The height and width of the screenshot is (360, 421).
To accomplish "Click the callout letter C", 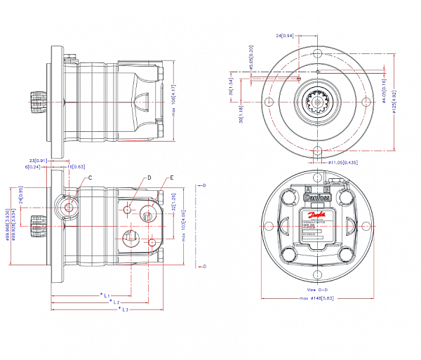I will click(91, 178).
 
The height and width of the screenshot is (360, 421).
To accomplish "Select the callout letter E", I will click(171, 178).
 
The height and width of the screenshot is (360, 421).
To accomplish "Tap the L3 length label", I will click(123, 309).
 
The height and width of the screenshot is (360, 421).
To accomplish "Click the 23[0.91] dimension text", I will click(58, 160).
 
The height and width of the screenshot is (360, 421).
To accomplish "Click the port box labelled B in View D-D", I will click(326, 189).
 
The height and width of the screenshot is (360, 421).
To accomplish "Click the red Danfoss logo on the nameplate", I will click(317, 199).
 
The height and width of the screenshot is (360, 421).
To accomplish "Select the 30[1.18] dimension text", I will click(241, 120).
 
